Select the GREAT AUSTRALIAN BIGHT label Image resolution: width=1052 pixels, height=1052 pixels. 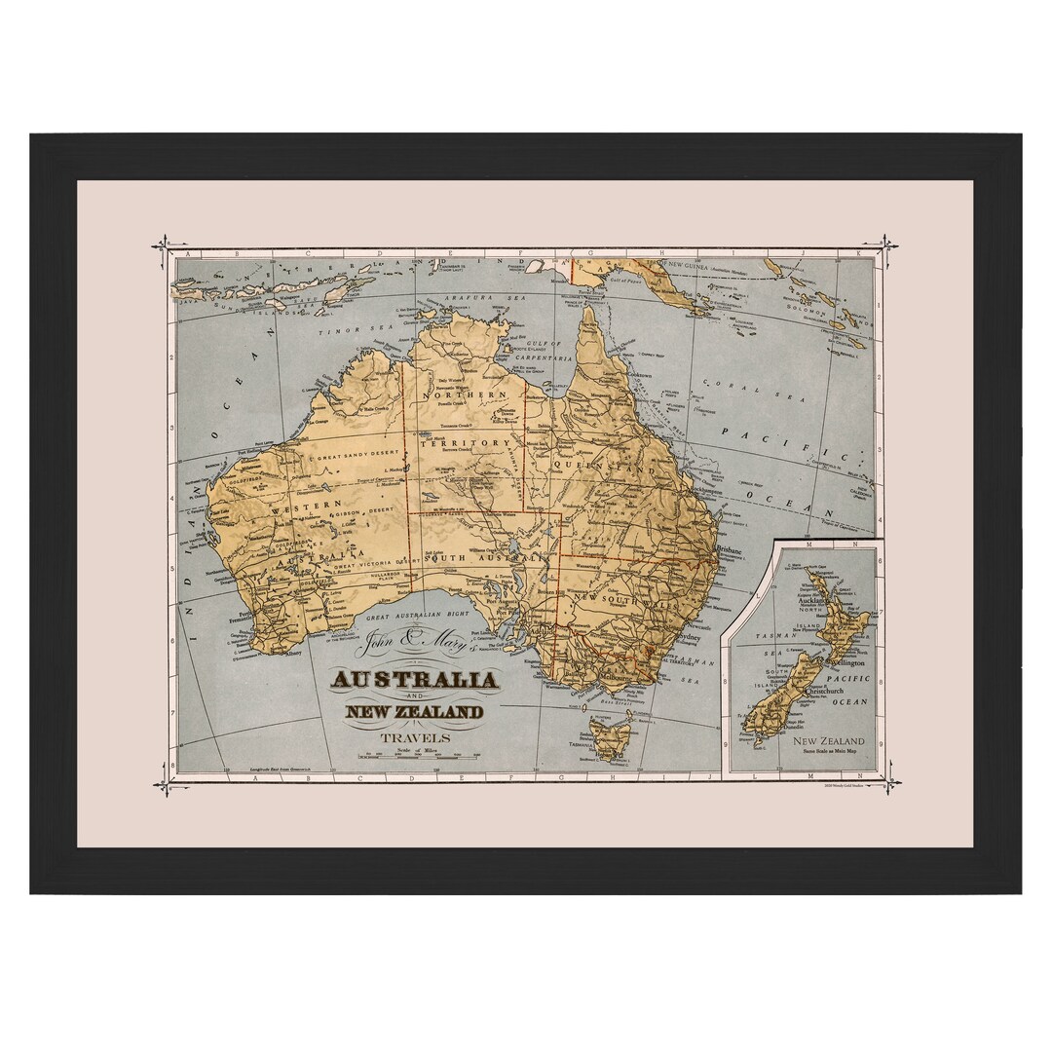pyautogui.click(x=418, y=615)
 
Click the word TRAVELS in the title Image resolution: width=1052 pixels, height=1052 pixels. pyautogui.click(x=416, y=738)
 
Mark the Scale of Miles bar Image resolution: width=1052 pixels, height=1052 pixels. pyautogui.click(x=416, y=756)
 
